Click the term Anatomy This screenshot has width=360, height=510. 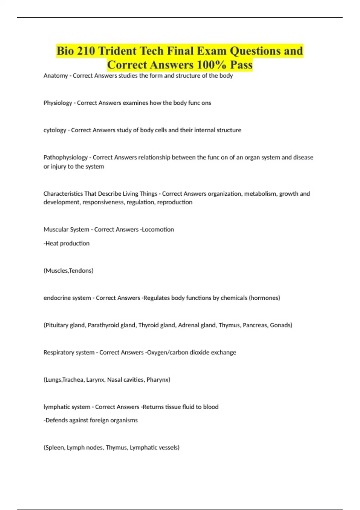[55, 76]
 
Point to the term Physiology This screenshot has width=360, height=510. [58, 103]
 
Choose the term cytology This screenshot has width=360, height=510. [55, 130]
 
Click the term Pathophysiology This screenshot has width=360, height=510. [65, 157]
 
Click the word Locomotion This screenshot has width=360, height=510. [158, 229]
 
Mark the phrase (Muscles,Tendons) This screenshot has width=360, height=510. [68, 271]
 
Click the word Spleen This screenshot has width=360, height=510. [54, 448]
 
